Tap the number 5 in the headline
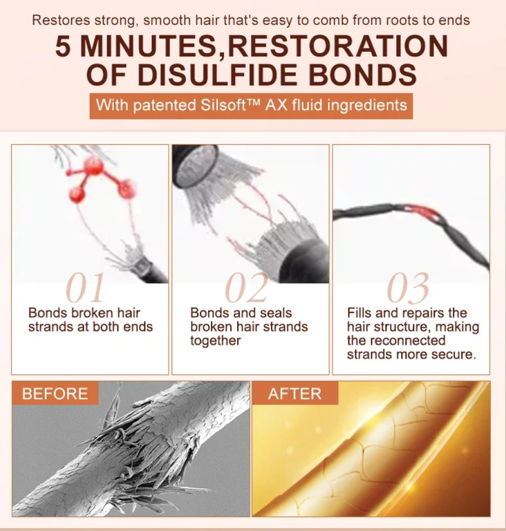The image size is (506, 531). (x=63, y=46)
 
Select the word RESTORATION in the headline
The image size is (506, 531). (x=337, y=46)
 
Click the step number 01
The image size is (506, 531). (x=85, y=288)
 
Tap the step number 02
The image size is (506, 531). (x=246, y=288)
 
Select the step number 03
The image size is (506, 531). (x=408, y=288)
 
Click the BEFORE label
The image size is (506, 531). (x=55, y=393)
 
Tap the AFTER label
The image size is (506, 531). (x=295, y=393)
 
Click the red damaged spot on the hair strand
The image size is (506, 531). (x=423, y=211)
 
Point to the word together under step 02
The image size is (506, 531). (x=216, y=341)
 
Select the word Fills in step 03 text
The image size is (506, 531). (x=359, y=313)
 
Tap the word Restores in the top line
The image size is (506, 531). (x=61, y=21)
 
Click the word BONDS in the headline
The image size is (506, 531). (x=363, y=74)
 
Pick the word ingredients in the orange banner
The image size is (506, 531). (x=367, y=105)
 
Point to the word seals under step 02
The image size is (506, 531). (x=276, y=313)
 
